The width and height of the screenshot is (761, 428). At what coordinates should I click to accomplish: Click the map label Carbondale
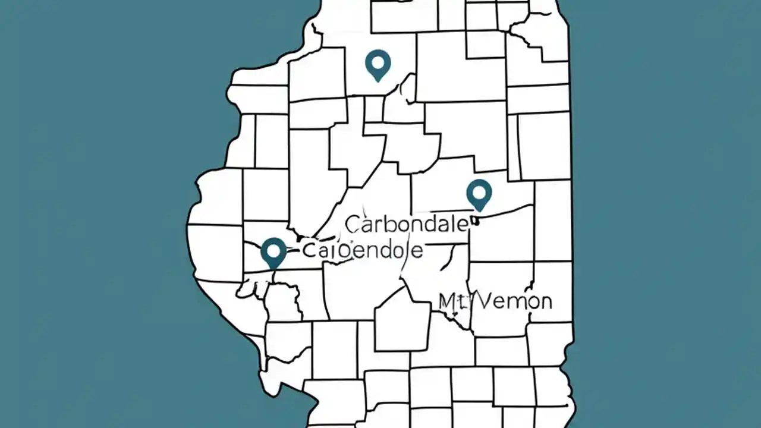(x=407, y=225)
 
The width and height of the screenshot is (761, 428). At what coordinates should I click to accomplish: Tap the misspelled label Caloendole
(x=363, y=250)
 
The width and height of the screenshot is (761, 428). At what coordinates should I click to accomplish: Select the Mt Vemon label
(x=495, y=301)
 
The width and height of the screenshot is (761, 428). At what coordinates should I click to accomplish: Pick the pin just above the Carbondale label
(x=479, y=194)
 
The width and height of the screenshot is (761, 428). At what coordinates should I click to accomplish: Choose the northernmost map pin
(x=378, y=64)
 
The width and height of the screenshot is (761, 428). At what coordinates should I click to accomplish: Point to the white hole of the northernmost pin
(x=378, y=61)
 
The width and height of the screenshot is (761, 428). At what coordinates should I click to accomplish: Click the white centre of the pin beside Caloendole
(x=273, y=250)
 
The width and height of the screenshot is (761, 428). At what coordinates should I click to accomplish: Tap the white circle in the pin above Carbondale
(x=479, y=191)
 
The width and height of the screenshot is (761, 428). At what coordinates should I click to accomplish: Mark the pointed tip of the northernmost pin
(x=378, y=81)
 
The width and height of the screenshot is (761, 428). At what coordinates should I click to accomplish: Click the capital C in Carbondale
(x=353, y=225)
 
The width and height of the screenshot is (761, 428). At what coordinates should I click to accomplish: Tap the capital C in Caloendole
(x=310, y=250)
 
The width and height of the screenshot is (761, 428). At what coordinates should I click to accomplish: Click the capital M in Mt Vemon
(x=448, y=301)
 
